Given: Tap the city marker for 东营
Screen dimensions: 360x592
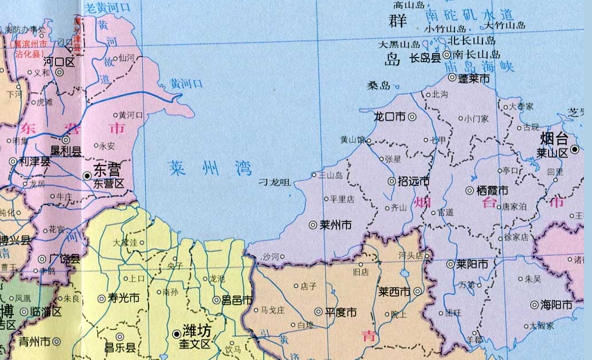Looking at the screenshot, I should (x=87, y=175).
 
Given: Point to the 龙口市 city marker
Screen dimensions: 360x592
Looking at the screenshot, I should (x=412, y=117).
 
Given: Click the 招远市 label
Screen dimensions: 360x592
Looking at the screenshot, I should (x=413, y=181).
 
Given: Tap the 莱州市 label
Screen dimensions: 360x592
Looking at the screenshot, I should (x=336, y=225).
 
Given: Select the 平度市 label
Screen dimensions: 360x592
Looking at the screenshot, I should (x=340, y=312).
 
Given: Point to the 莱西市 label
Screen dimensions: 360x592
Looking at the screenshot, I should (x=394, y=292).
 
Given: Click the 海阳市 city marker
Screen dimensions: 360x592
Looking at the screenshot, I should (x=534, y=305).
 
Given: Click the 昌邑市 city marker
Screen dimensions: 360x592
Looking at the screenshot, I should (x=216, y=300).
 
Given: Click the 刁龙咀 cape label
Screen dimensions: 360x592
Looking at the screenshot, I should (x=275, y=183).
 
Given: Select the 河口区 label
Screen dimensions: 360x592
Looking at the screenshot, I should (x=59, y=61).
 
